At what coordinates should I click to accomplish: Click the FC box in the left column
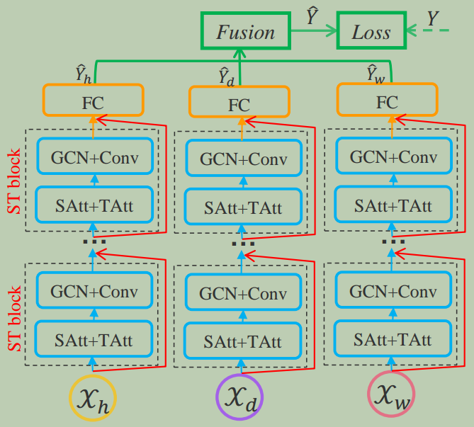coord(93,101)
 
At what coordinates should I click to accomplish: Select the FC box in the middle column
coord(239,103)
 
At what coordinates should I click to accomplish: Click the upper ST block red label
coord(13,183)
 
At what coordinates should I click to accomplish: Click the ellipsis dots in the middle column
coord(242,245)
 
